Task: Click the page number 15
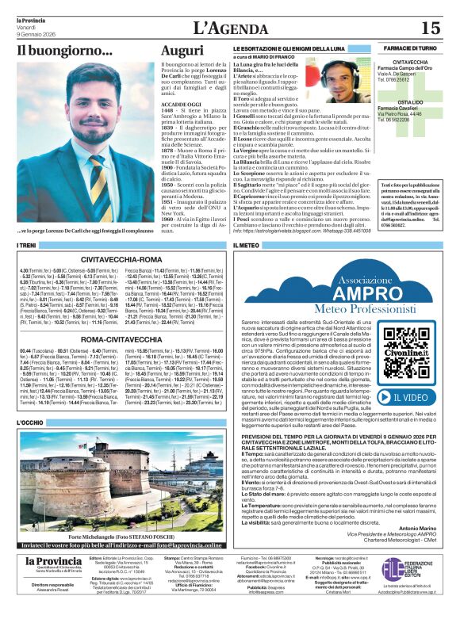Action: pyautogui.click(x=430, y=29)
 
